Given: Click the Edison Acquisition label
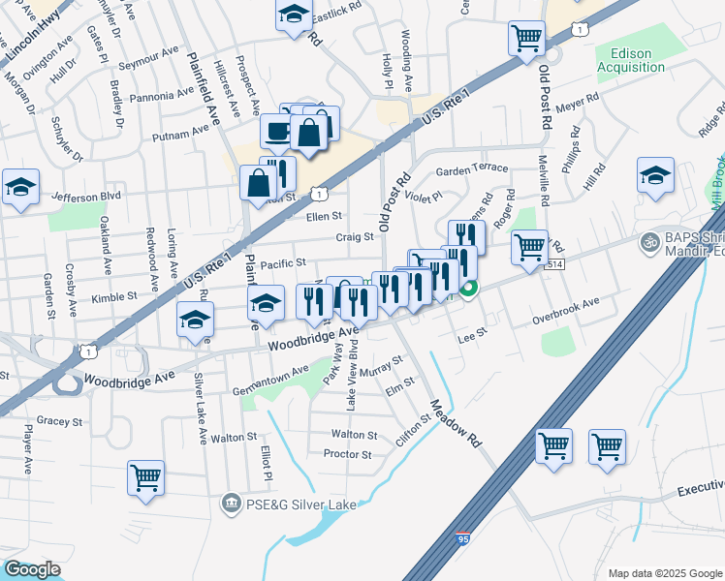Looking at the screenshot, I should [x=631, y=60].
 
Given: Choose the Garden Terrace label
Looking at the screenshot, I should [x=471, y=168].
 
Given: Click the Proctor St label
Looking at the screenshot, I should [x=347, y=454].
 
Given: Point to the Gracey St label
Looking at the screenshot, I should [x=58, y=422].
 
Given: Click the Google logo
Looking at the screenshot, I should [x=32, y=569].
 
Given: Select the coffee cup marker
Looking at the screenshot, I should [x=278, y=132].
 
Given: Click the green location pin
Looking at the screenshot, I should [x=468, y=289].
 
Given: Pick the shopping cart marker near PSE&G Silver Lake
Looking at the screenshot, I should [x=145, y=476].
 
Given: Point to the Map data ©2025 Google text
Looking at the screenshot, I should [x=664, y=573].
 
